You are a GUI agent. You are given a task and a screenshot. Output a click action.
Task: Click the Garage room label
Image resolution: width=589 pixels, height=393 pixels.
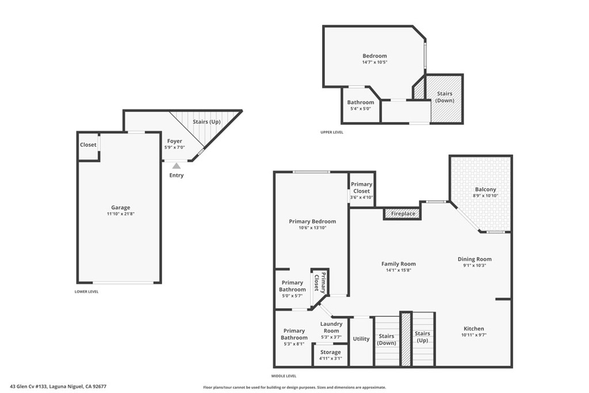(121, 207)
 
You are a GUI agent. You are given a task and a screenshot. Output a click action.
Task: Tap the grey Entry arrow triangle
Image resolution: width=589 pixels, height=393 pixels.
(176, 166)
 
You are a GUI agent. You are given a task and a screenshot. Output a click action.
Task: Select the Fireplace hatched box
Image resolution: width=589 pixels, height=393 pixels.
(403, 214)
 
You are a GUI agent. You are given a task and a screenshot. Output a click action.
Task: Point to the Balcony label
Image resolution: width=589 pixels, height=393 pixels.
(485, 189)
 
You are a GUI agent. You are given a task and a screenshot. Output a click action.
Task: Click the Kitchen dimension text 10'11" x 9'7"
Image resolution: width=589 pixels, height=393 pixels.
(474, 335)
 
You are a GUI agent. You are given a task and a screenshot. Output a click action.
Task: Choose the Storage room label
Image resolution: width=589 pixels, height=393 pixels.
(331, 352)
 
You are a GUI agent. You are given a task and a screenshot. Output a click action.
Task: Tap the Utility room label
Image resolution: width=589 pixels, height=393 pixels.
(361, 339)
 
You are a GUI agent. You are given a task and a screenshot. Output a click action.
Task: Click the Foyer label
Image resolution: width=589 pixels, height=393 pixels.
(175, 142)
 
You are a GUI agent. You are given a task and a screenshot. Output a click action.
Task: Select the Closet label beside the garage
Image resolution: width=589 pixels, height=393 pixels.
(88, 144)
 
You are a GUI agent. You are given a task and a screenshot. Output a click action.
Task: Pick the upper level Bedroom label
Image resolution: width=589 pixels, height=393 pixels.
(374, 56)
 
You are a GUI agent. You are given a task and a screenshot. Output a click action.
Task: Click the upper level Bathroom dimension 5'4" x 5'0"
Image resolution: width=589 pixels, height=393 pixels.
(361, 109)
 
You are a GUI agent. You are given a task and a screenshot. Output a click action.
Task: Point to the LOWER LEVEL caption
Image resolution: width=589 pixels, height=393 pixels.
(86, 292)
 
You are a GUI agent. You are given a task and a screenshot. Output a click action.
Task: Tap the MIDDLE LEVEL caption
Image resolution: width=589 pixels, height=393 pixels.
(284, 376)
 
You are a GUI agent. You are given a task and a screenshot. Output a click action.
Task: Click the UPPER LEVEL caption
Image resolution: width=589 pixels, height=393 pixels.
(332, 132)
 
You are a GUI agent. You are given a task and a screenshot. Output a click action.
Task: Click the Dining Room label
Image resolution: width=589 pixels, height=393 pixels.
(475, 259)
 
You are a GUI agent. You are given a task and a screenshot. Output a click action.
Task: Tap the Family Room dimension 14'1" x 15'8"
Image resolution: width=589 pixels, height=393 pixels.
(399, 270)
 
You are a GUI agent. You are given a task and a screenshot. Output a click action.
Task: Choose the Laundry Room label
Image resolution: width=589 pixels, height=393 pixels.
(331, 327)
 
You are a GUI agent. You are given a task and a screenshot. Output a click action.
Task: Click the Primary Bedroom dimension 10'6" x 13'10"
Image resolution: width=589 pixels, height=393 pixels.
(312, 228)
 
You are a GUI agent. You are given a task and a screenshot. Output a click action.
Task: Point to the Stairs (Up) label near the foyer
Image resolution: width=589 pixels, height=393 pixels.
(206, 122)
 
